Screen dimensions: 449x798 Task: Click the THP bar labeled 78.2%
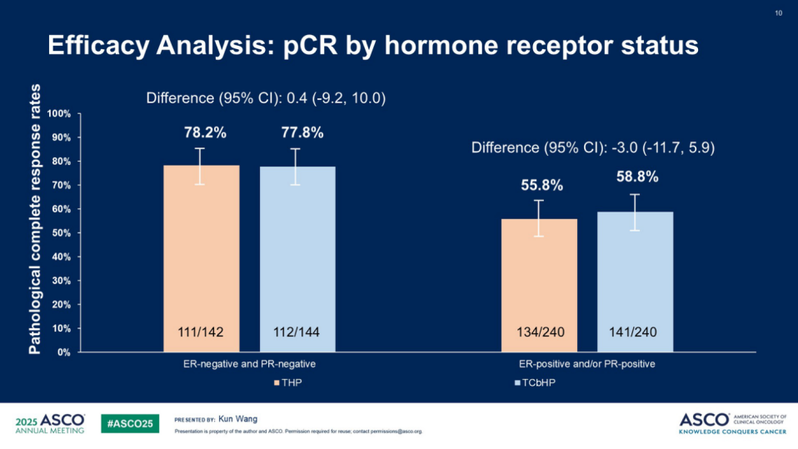201,250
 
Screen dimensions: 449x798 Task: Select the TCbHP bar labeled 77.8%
297,250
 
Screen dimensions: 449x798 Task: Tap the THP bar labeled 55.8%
539,275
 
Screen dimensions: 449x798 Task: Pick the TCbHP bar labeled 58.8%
635,275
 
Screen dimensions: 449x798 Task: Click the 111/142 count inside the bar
201,332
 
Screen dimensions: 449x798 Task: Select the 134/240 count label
539,332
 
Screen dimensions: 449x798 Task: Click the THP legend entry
288,383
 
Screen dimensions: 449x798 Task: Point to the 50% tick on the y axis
61,233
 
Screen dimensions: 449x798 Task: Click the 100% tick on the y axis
59,113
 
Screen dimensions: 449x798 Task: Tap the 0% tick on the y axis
63,352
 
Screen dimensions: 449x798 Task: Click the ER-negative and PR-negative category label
249,364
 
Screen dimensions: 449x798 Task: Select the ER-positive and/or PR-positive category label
587,364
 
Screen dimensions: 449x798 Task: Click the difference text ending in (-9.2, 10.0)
266,98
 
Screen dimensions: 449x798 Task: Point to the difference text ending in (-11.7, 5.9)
593,147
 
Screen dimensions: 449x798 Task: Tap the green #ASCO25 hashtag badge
130,423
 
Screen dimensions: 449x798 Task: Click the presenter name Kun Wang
237,419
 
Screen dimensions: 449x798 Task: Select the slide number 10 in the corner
779,13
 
